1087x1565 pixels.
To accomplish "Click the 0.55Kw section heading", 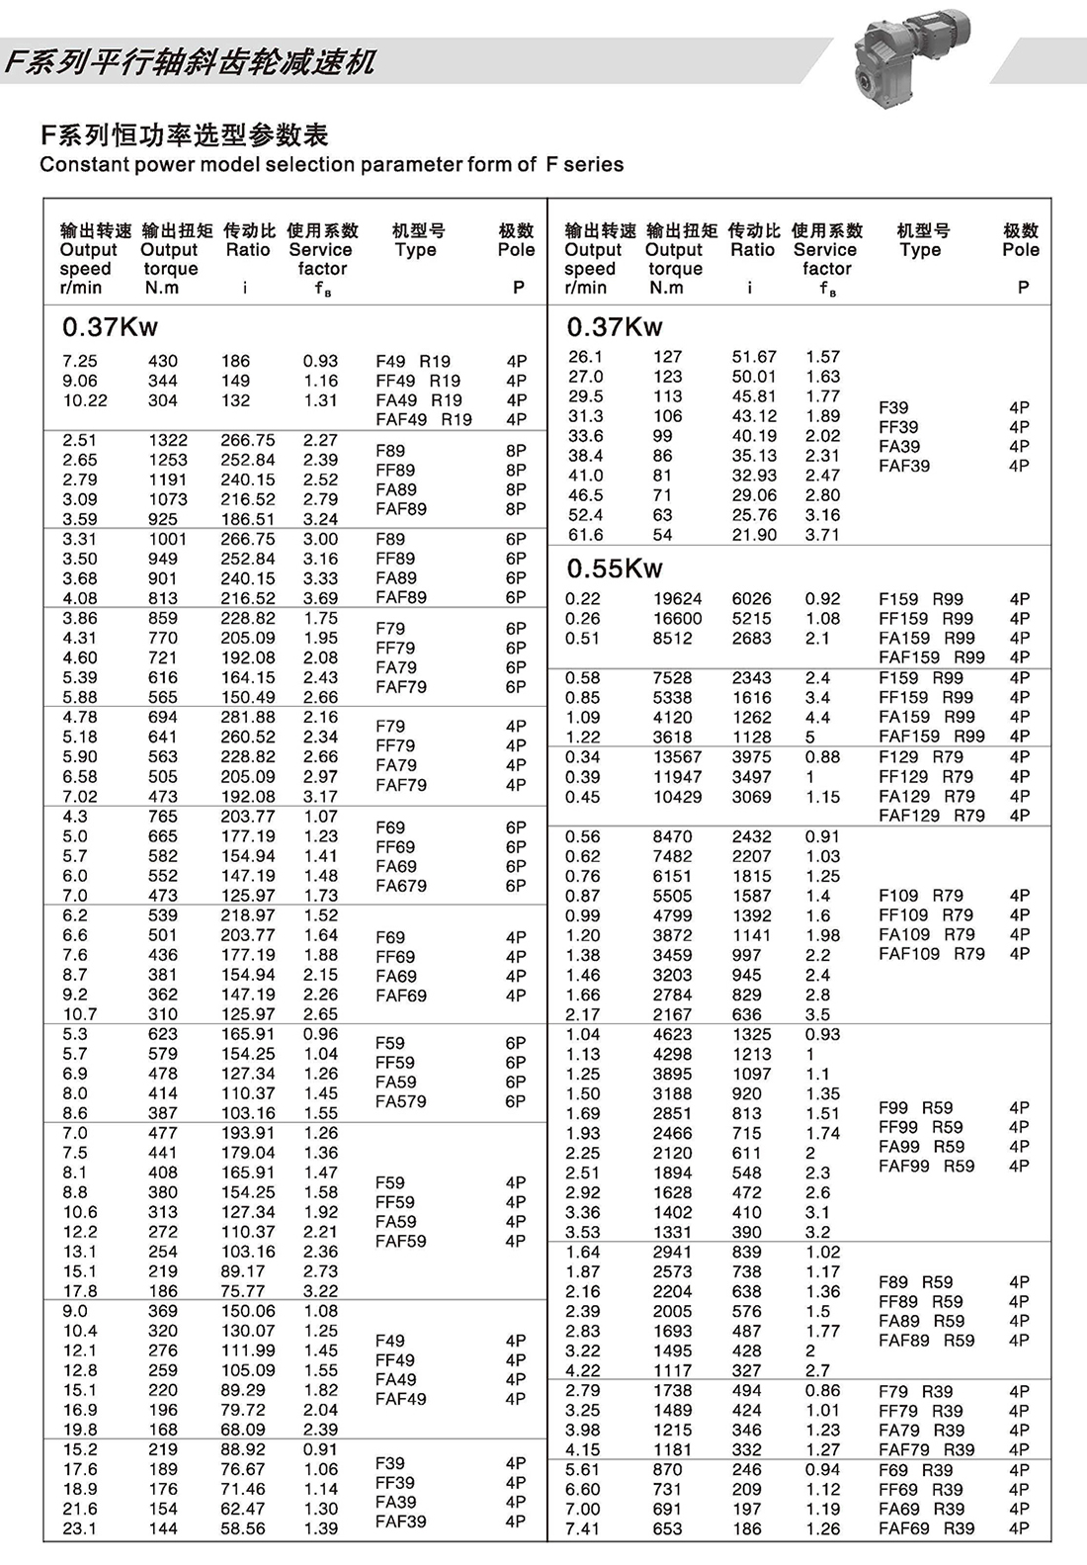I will pos(614,568).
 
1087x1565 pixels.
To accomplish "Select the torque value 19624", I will pos(677,599).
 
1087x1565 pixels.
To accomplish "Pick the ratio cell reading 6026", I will pos(751,599).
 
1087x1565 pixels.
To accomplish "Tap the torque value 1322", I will pos(167,441).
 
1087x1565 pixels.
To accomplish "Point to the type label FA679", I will pos(400,886).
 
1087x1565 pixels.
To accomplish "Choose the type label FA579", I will pos(400,1101).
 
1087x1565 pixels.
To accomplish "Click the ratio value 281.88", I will pos(247,718).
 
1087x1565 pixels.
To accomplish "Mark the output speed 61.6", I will pos(585,535).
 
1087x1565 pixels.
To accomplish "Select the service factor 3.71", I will pos(822,535).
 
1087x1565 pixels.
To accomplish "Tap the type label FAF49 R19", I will pos(423,419).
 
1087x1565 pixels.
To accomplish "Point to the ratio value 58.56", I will pos(242,1528).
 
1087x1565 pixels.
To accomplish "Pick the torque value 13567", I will pos(677,757).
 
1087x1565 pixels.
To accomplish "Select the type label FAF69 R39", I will pos(926,1528).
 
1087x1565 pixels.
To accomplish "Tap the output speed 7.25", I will pos(79,362).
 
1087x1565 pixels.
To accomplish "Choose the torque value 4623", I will pos(672,1034).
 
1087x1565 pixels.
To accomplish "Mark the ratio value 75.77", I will pos(242,1291).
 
